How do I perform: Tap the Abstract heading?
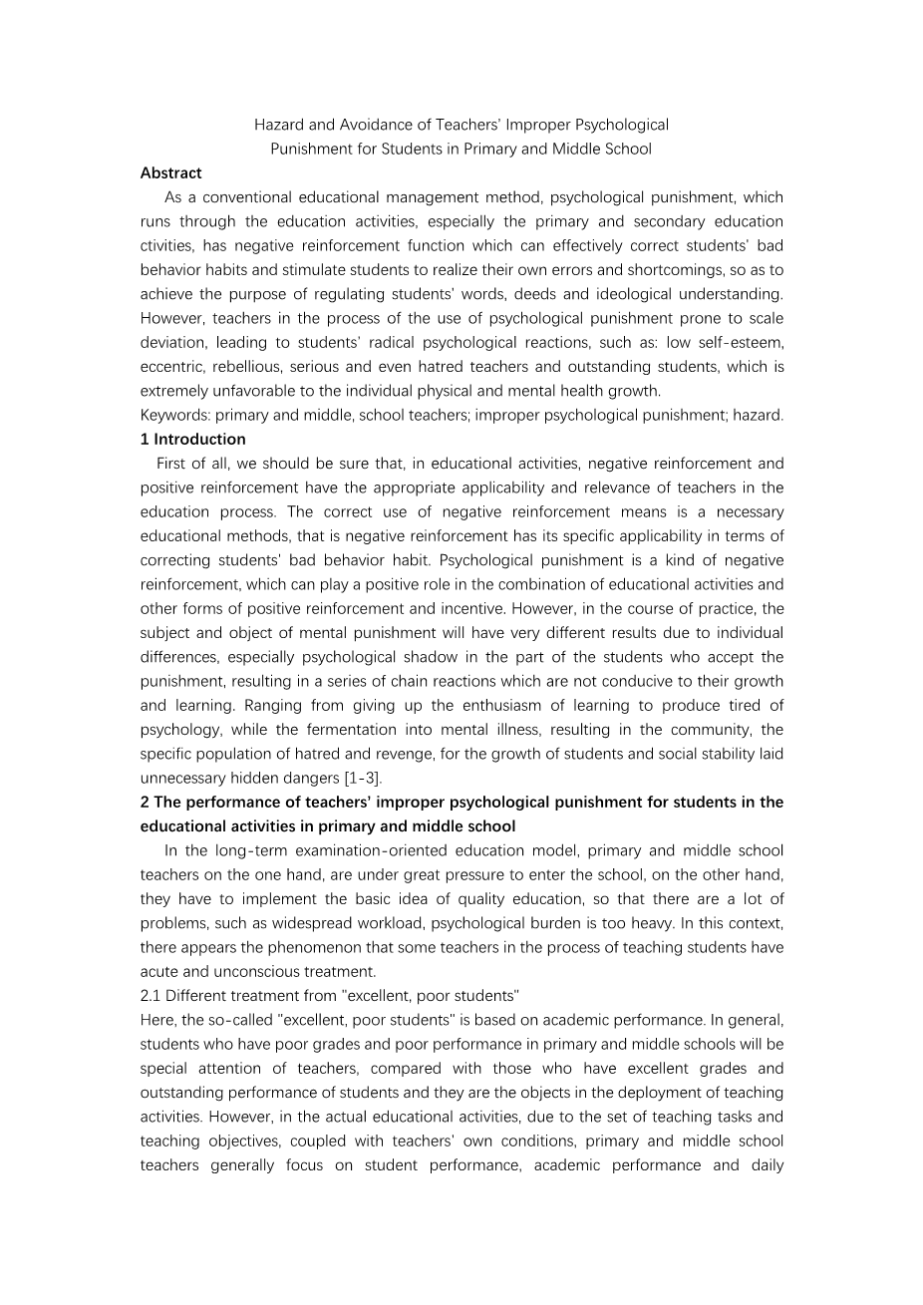click(170, 173)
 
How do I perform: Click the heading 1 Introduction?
click(193, 440)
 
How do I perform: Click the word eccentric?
click(171, 367)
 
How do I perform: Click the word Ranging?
click(208, 706)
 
